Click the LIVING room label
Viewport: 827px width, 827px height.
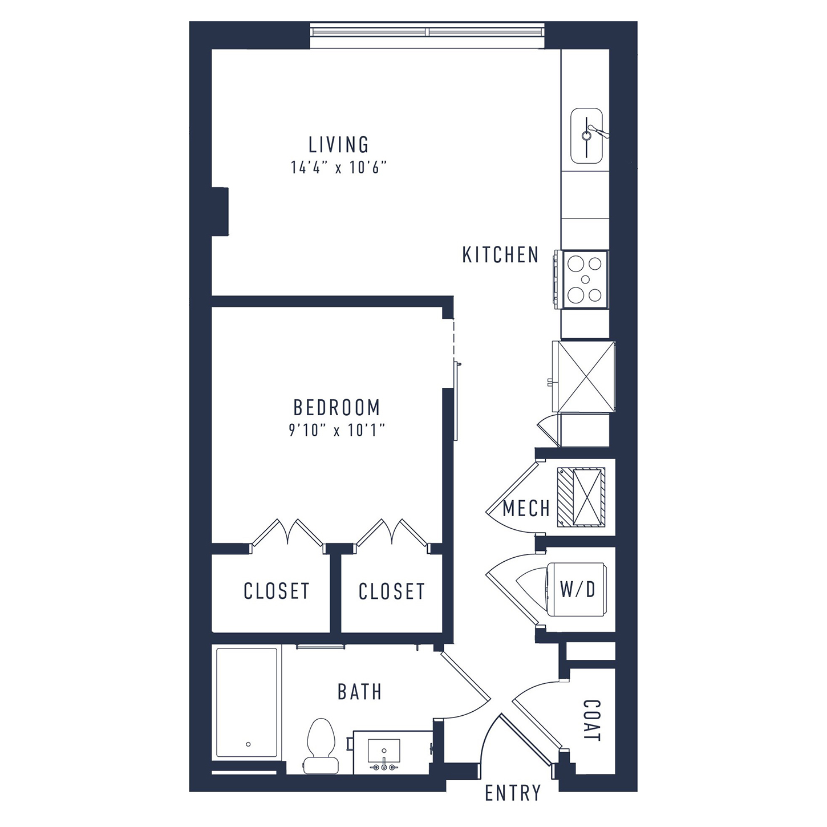pyautogui.click(x=338, y=145)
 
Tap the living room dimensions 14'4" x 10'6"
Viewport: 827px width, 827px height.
pyautogui.click(x=339, y=167)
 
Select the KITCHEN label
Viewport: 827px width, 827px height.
pyautogui.click(x=500, y=255)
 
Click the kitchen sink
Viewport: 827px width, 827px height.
pyautogui.click(x=587, y=136)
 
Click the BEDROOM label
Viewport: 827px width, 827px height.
pyautogui.click(x=337, y=407)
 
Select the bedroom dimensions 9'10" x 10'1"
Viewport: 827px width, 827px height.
pyautogui.click(x=336, y=431)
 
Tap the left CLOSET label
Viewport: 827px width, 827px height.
pyautogui.click(x=277, y=591)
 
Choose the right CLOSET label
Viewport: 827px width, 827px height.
pyautogui.click(x=391, y=591)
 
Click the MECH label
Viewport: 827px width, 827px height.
pyautogui.click(x=526, y=509)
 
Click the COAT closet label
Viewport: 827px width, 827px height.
pyautogui.click(x=592, y=720)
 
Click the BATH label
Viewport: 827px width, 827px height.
pyautogui.click(x=360, y=692)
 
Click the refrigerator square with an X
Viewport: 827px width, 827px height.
pyautogui.click(x=586, y=376)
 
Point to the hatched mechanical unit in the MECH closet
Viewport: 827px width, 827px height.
pyautogui.click(x=581, y=497)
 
